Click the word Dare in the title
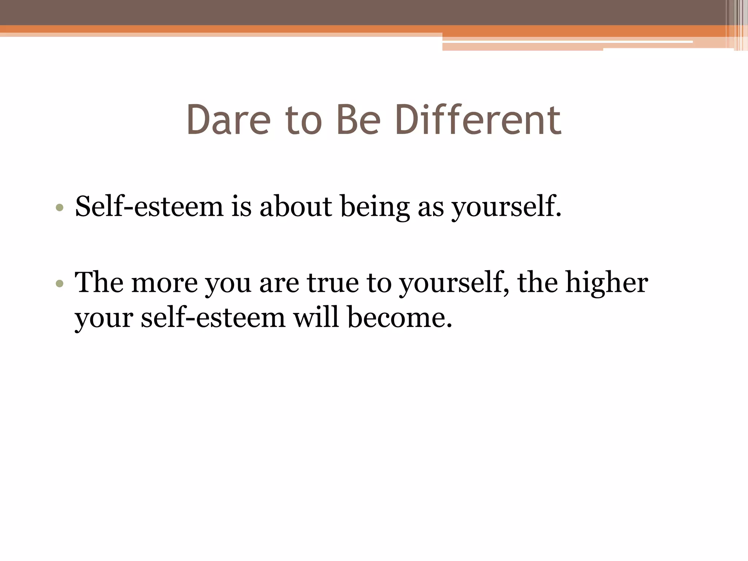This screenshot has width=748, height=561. pyautogui.click(x=229, y=120)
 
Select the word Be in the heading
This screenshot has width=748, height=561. pyautogui.click(x=358, y=120)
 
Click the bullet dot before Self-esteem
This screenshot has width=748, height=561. pyautogui.click(x=60, y=208)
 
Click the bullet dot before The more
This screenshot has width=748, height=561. pyautogui.click(x=60, y=284)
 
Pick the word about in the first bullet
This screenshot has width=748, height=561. pyautogui.click(x=296, y=206)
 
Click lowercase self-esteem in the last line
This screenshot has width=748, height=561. pyautogui.click(x=213, y=317)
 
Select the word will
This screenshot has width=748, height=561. pyautogui.click(x=316, y=317)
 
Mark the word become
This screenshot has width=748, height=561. pyautogui.click(x=399, y=317)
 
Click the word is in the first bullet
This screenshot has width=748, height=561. pyautogui.click(x=241, y=206)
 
